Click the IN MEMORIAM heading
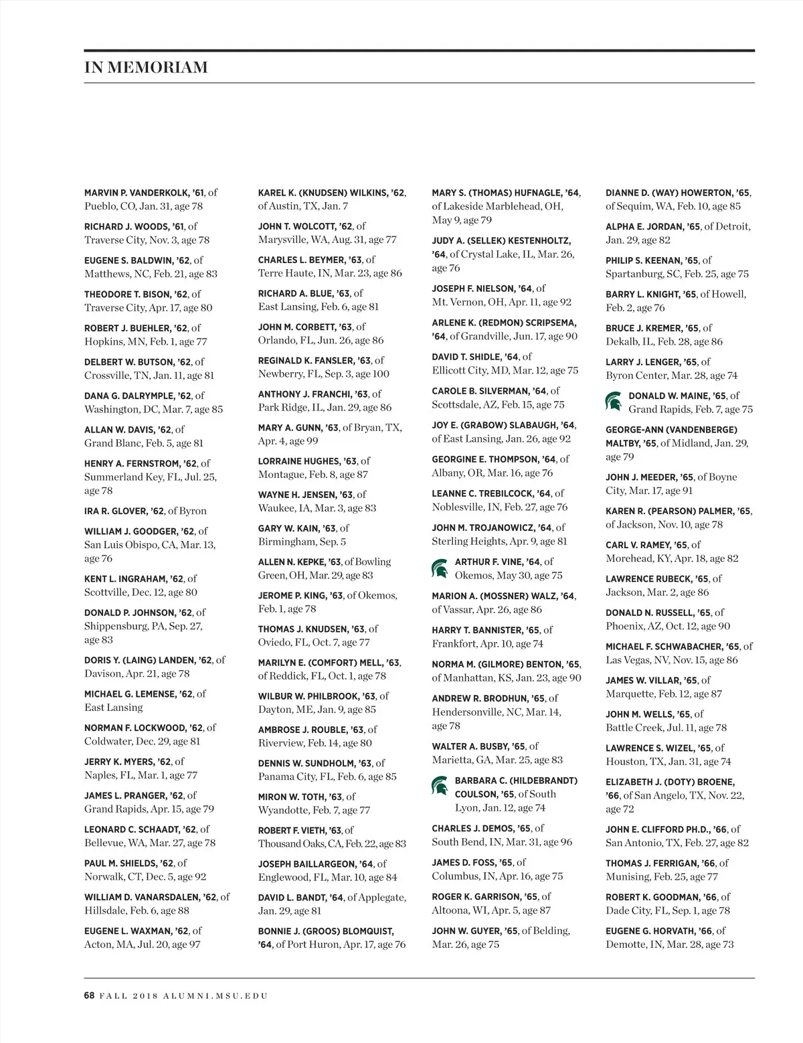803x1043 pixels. [x=146, y=68]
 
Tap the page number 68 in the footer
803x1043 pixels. [x=90, y=995]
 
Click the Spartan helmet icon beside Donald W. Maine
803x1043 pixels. [x=613, y=402]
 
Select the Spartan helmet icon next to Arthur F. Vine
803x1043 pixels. [x=440, y=568]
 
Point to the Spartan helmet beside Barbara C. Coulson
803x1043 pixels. [x=440, y=786]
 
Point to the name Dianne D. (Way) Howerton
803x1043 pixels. [x=669, y=193]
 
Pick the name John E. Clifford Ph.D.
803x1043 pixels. [x=658, y=829]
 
